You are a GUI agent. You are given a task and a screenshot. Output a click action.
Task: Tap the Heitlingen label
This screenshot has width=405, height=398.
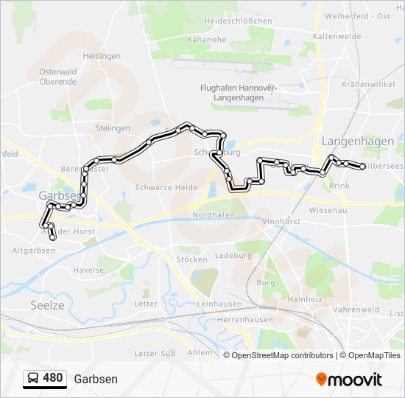tap(101, 55)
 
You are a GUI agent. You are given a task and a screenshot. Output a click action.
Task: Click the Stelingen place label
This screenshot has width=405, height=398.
tap(113, 128)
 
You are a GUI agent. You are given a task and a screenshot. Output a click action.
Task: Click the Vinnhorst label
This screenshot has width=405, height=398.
tap(283, 220)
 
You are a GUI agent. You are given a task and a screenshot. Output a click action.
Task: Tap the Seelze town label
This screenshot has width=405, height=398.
tap(48, 304)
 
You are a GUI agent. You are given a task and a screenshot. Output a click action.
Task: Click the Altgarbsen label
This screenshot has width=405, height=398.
tap(34, 251)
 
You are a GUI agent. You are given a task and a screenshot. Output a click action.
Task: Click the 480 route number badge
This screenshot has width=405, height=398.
tap(53, 378)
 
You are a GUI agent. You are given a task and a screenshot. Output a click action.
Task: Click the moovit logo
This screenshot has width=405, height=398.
tap(349, 379)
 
